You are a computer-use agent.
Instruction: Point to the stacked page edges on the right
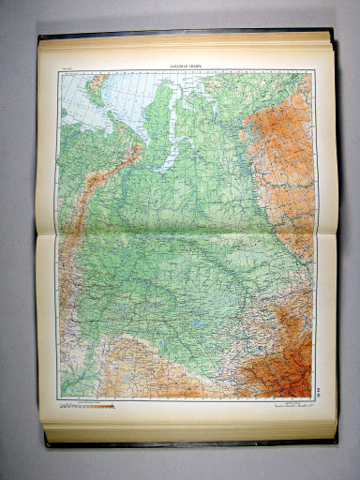[333, 234]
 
